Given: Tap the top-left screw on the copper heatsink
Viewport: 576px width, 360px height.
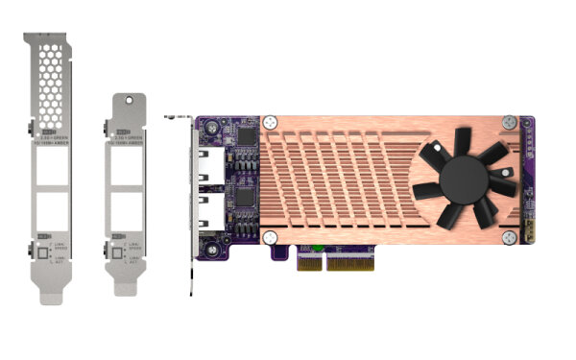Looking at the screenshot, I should (272, 123).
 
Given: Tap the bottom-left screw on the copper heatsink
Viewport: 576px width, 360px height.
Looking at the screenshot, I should (272, 235).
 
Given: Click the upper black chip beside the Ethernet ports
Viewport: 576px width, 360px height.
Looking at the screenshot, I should (248, 140).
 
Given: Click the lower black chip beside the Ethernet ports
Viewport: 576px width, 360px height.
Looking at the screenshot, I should (248, 197).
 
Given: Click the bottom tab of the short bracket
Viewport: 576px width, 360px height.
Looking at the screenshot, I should (131, 287).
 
